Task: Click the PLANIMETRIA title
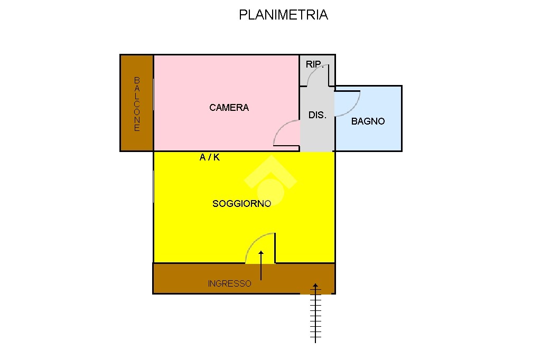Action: pos(283,15)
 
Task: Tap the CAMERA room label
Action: pos(229,108)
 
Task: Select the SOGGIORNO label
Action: pos(242,204)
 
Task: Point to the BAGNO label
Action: pos(368,121)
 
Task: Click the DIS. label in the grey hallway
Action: pos(317,115)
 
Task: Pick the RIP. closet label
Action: pos(314,64)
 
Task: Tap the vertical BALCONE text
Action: pos(137,104)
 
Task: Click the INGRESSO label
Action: pos(229,283)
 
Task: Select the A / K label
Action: pos(209,157)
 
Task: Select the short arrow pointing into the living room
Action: pos(261,266)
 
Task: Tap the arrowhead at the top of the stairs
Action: pos(315,286)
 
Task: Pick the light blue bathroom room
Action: pos(368,118)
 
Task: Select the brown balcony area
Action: pos(137,103)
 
